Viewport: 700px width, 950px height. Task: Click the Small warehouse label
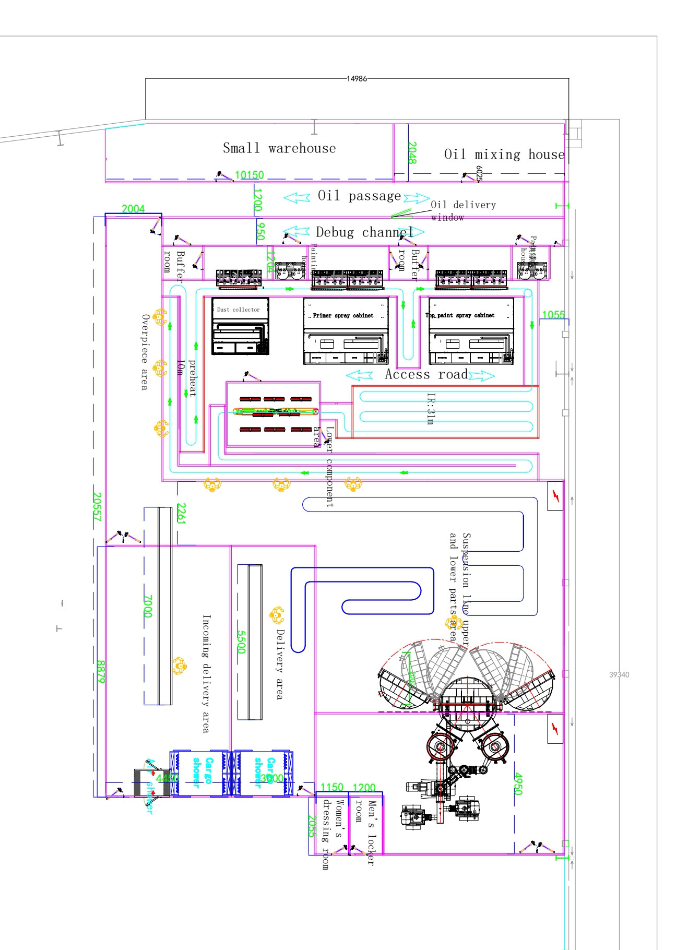279,148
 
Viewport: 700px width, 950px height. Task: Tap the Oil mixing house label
504,155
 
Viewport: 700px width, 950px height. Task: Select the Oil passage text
359,196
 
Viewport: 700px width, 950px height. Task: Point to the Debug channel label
364,232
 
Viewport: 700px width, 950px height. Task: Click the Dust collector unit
240,326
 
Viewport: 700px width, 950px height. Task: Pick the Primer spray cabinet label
343,315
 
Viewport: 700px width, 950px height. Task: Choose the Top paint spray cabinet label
460,315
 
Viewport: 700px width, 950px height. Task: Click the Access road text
426,374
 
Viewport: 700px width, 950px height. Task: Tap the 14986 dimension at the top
357,79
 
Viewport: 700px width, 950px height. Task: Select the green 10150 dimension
250,175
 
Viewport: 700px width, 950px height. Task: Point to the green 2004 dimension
133,209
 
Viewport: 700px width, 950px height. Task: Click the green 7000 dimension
148,606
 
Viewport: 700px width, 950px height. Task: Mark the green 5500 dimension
241,642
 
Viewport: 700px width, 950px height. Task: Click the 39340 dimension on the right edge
619,675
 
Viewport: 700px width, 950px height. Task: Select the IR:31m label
431,409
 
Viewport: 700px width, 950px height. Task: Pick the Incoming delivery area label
206,673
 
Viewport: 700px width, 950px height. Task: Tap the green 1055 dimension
553,315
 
